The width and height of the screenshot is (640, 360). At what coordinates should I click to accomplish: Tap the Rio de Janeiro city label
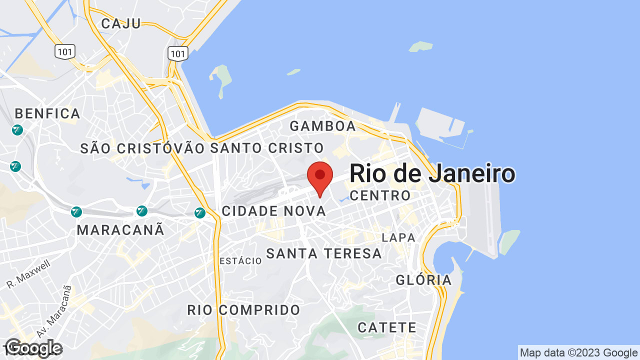(x=432, y=173)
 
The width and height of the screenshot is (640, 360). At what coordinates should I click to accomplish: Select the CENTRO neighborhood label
(x=380, y=195)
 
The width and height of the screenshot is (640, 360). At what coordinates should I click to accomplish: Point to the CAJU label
(x=121, y=23)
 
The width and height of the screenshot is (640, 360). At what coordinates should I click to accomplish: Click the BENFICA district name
(x=48, y=113)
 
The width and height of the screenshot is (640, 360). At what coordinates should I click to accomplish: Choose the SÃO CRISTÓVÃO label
(x=142, y=148)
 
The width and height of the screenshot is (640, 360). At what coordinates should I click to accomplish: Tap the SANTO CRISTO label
(x=267, y=148)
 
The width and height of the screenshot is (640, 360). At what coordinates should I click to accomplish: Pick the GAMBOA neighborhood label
(x=323, y=126)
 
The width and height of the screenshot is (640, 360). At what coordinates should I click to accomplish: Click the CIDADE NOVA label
(x=274, y=211)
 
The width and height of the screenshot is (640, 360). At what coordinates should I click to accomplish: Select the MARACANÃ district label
(x=121, y=230)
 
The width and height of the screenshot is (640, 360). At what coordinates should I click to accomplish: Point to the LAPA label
(x=398, y=237)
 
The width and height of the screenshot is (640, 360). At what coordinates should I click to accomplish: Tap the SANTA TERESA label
(x=324, y=253)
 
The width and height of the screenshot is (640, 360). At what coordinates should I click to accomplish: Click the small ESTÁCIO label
(x=240, y=261)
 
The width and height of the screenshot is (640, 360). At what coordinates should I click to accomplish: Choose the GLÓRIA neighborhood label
(x=424, y=280)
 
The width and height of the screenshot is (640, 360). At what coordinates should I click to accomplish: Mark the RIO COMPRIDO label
(x=244, y=310)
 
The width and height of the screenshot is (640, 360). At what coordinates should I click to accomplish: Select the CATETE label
(x=387, y=328)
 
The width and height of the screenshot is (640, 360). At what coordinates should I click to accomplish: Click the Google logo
(x=33, y=348)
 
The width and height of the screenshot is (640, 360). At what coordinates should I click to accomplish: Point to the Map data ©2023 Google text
(x=578, y=353)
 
